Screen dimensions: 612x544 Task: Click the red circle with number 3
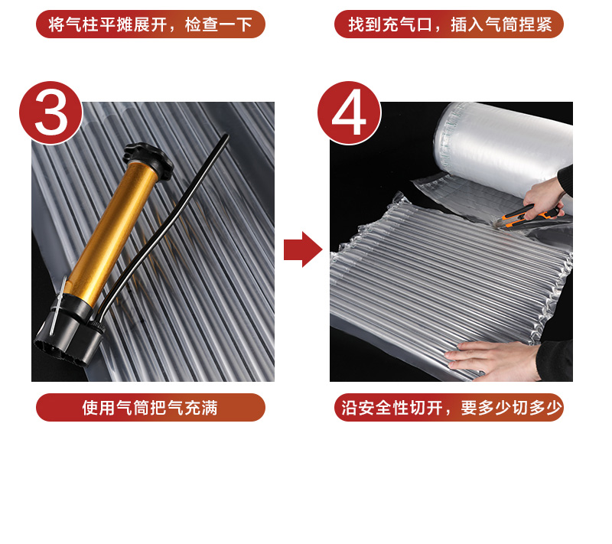(x=50, y=112)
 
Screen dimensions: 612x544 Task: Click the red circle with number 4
(x=349, y=112)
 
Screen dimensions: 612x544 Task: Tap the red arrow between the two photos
(x=303, y=249)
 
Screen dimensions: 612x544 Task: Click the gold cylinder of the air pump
(x=113, y=226)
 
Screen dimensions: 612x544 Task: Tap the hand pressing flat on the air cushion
(x=493, y=360)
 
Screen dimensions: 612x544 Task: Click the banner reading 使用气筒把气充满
(x=150, y=407)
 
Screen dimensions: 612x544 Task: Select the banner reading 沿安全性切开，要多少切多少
(x=449, y=407)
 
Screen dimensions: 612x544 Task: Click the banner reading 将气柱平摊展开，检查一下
(x=150, y=24)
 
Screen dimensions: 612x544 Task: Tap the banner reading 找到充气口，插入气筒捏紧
(x=449, y=24)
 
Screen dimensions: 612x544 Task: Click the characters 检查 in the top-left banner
(x=201, y=24)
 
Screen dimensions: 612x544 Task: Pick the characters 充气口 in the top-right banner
(x=408, y=24)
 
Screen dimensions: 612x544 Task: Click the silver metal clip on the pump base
(x=58, y=305)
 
